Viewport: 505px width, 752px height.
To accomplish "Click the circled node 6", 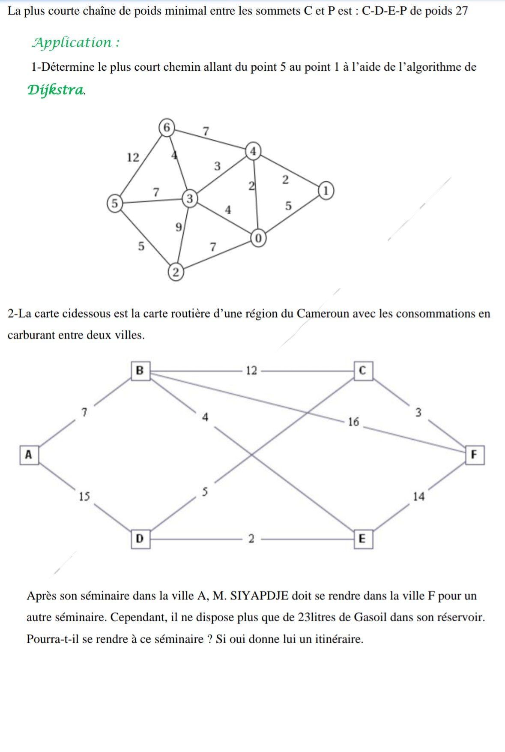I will pos(167,127).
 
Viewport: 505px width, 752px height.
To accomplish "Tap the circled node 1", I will pos(326,190).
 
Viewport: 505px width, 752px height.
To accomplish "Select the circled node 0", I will pos(258,238).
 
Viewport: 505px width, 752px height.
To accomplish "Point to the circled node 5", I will pos(114,203).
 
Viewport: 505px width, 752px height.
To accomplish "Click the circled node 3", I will pos(190,199).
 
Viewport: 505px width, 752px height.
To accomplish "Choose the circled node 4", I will pos(254,151).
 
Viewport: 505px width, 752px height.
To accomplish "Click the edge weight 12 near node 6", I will pos(133,158).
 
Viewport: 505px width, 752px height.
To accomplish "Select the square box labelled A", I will pos(29,454).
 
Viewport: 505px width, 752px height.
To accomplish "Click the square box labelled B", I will pos(140,370).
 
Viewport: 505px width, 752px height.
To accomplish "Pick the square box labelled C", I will pos(363,370).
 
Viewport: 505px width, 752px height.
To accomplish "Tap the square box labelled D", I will pos(140,538).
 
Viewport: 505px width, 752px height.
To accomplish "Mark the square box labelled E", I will pos(363,539).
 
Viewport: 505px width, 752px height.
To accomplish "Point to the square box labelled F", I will pos(474,454).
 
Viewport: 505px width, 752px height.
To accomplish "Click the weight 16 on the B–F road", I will pos(353,422).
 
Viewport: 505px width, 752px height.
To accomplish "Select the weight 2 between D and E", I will pos(251,539).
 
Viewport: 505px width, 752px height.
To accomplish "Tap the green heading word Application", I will pos(72,42).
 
